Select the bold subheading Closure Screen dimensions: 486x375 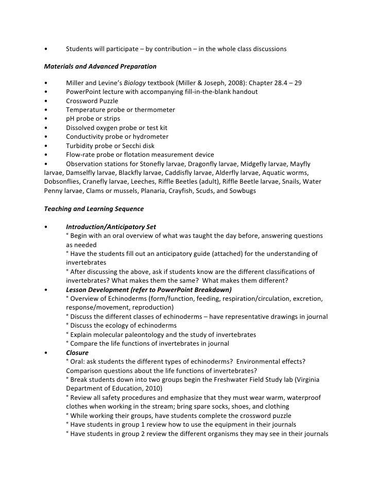[x=77, y=352]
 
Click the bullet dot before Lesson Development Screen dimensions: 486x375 [x=46, y=289]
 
